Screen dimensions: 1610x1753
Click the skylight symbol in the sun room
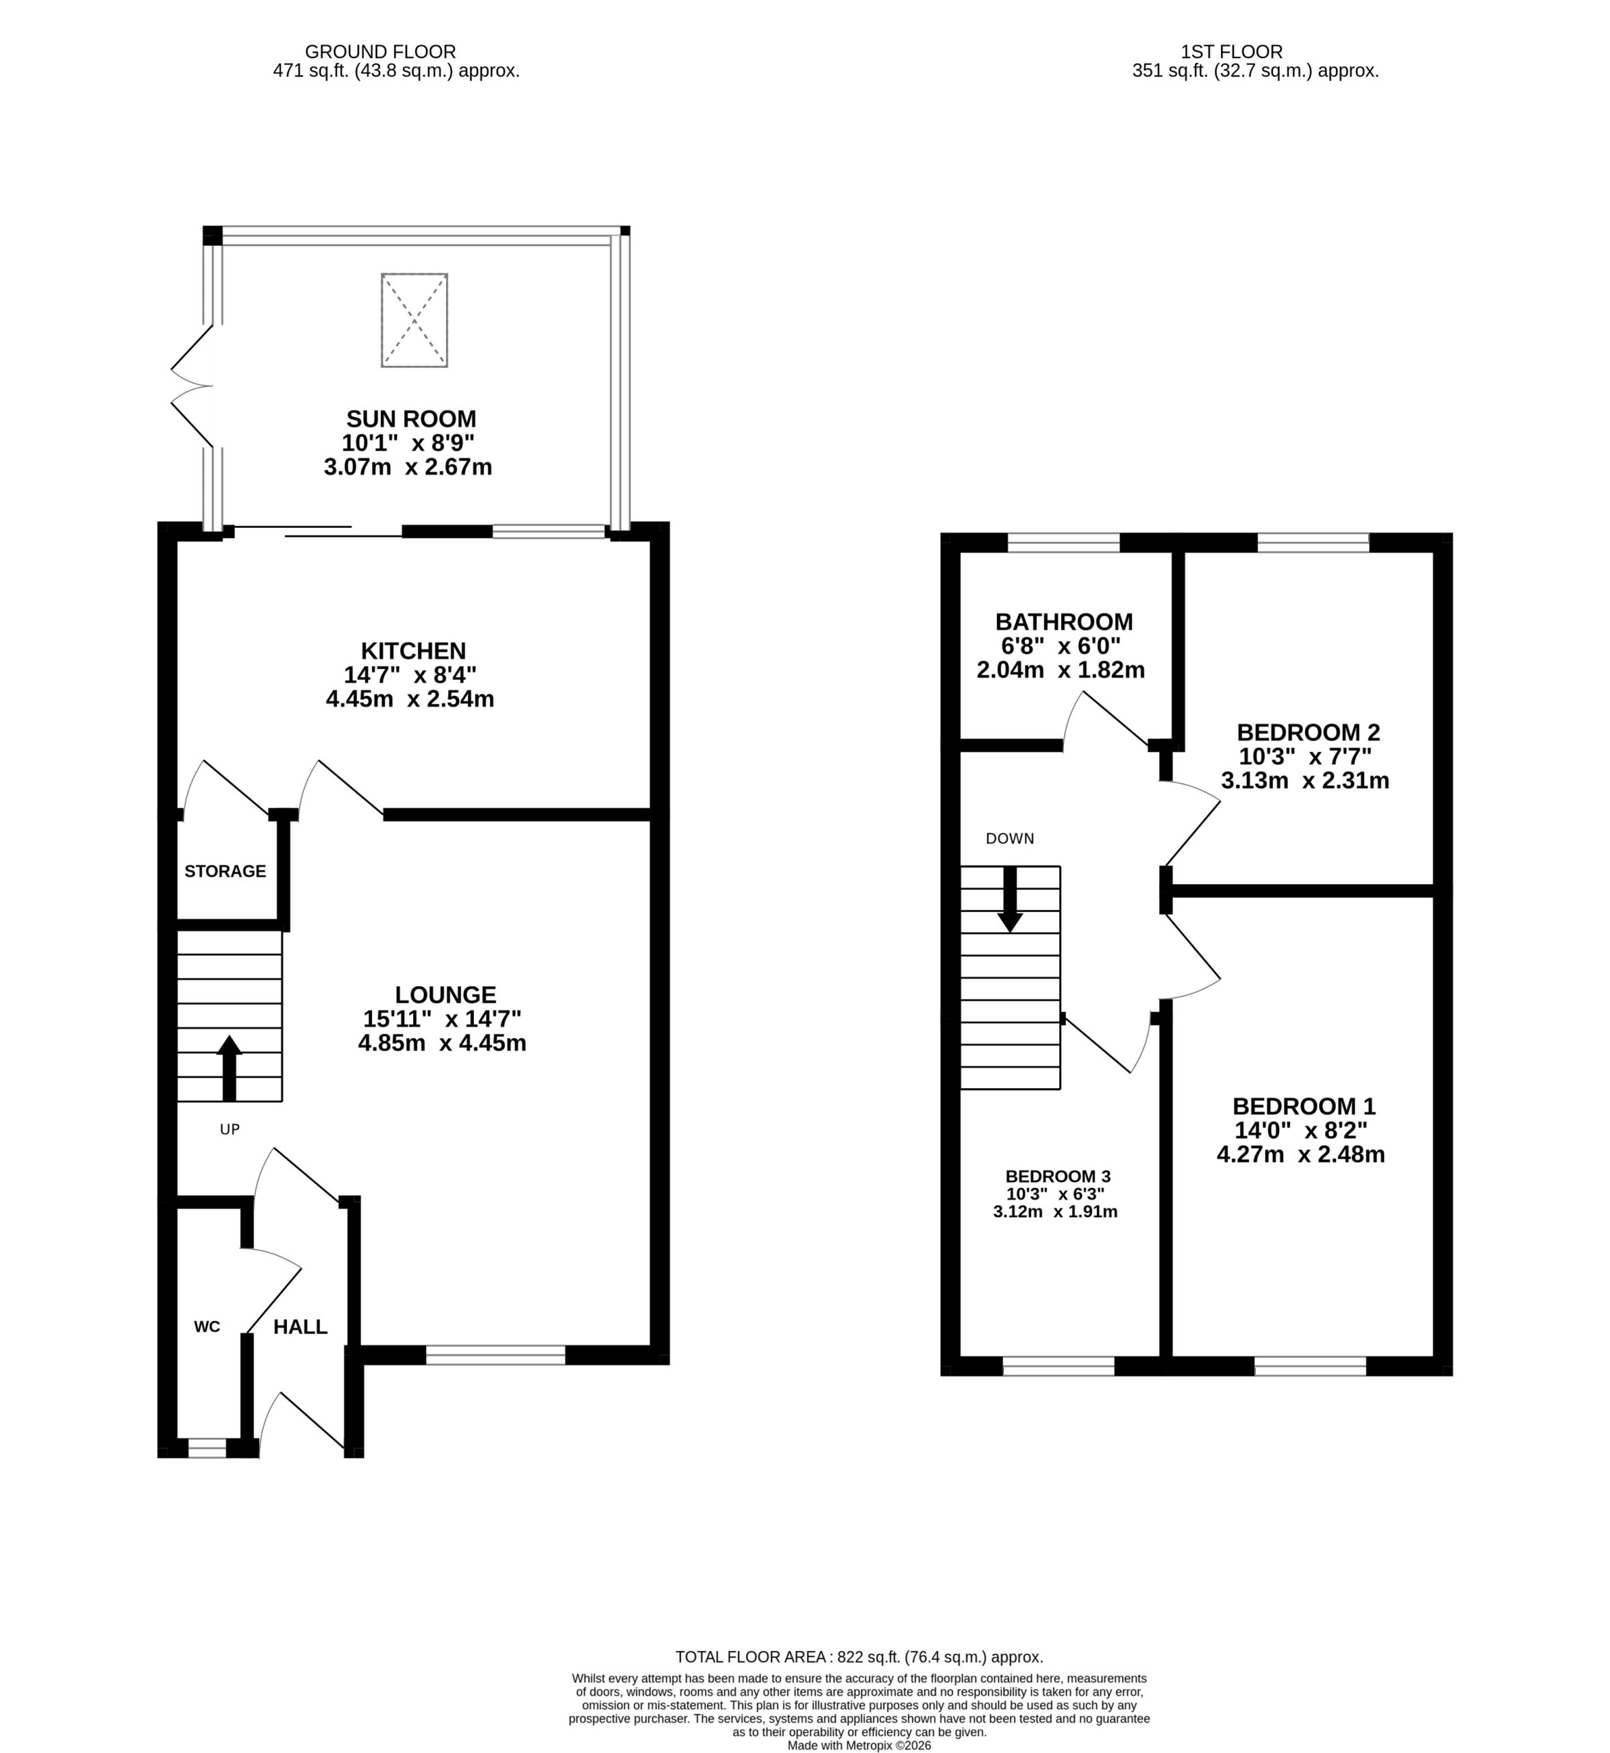coord(414,320)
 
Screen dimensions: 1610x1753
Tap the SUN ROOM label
coord(411,419)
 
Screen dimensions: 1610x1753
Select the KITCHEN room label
coord(414,651)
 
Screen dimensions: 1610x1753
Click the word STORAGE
coord(225,872)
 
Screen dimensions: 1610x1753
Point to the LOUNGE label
coord(445,994)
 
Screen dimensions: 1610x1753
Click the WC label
coord(206,1327)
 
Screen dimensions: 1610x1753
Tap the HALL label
coord(301,1327)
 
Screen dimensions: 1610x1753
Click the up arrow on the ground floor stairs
coord(229,1068)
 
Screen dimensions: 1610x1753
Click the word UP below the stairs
coord(229,1129)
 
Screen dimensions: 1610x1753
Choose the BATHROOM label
coord(1064,622)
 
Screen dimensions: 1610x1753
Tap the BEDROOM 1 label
coord(1303,1107)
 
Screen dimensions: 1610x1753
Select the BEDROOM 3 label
coord(1058,1176)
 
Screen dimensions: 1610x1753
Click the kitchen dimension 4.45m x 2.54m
coord(410,699)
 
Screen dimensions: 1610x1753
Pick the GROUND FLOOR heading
coord(380,52)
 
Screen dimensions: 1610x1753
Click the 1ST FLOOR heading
coord(1232,52)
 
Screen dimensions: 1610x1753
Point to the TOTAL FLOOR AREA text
coord(859,1657)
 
